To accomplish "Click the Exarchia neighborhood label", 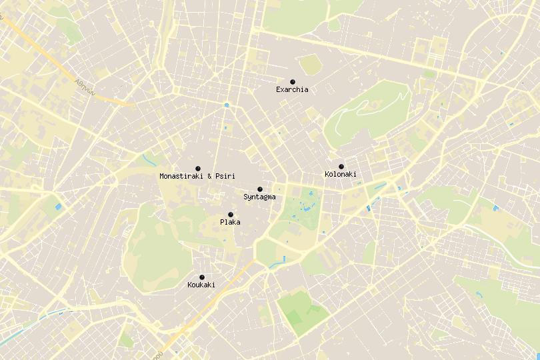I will pyautogui.click(x=292, y=89).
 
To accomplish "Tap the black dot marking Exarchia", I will pyautogui.click(x=293, y=82).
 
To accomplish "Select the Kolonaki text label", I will pyautogui.click(x=341, y=175).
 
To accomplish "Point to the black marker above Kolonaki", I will pyautogui.click(x=341, y=167).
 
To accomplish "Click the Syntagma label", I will pyautogui.click(x=259, y=197).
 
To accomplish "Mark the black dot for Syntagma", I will pyautogui.click(x=260, y=189).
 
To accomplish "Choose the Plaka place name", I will pyautogui.click(x=230, y=222).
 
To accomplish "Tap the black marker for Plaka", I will pyautogui.click(x=231, y=215).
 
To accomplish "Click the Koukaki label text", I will pyautogui.click(x=201, y=285).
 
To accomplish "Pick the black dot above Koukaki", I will pyautogui.click(x=202, y=277).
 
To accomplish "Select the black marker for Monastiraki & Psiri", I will pyautogui.click(x=198, y=168).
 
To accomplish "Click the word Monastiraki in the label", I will pyautogui.click(x=182, y=176).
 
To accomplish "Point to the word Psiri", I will pyautogui.click(x=225, y=176).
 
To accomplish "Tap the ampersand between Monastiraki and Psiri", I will pyautogui.click(x=209, y=176).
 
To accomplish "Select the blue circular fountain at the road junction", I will pyautogui.click(x=227, y=105).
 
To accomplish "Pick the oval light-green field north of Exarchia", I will pyautogui.click(x=309, y=64).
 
